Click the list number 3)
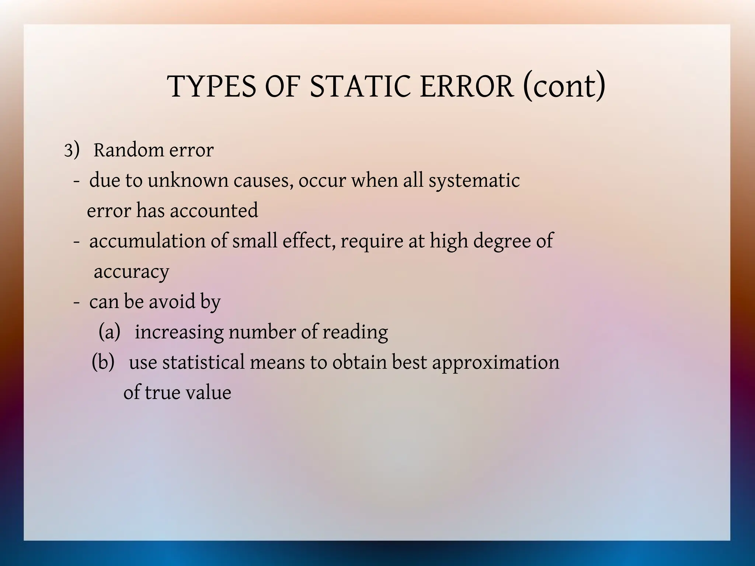click(72, 150)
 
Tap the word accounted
click(214, 211)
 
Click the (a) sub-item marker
click(109, 332)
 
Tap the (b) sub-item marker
click(103, 362)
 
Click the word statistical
click(203, 362)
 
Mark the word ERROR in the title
click(466, 87)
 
